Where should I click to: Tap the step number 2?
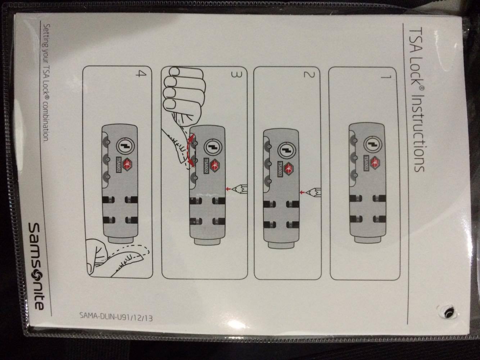[309, 75]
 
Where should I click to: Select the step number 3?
[237, 75]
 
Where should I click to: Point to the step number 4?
[141, 73]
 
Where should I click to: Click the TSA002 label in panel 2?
[280, 169]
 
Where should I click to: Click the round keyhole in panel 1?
[373, 145]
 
